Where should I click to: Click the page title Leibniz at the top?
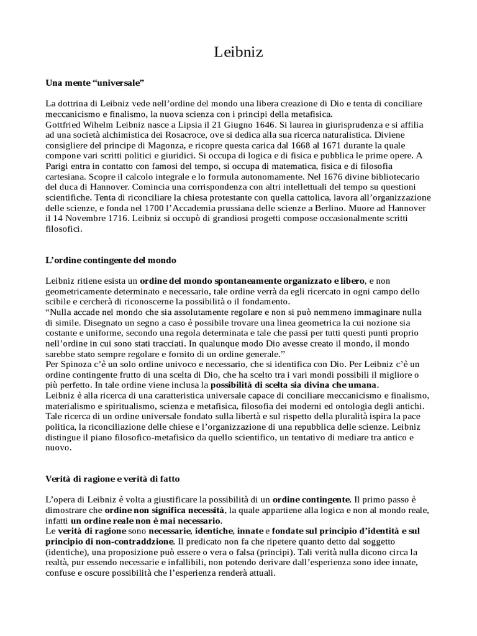click(x=238, y=53)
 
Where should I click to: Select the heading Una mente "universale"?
click(x=94, y=82)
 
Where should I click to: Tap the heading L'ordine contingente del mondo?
click(x=111, y=259)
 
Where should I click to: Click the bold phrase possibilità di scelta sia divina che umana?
click(x=294, y=384)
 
